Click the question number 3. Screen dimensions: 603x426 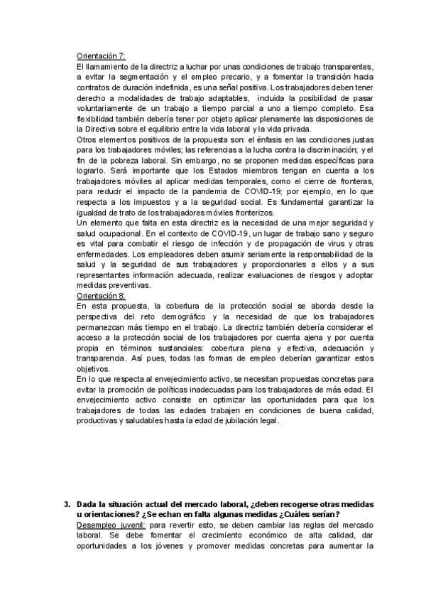[x=67, y=504]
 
